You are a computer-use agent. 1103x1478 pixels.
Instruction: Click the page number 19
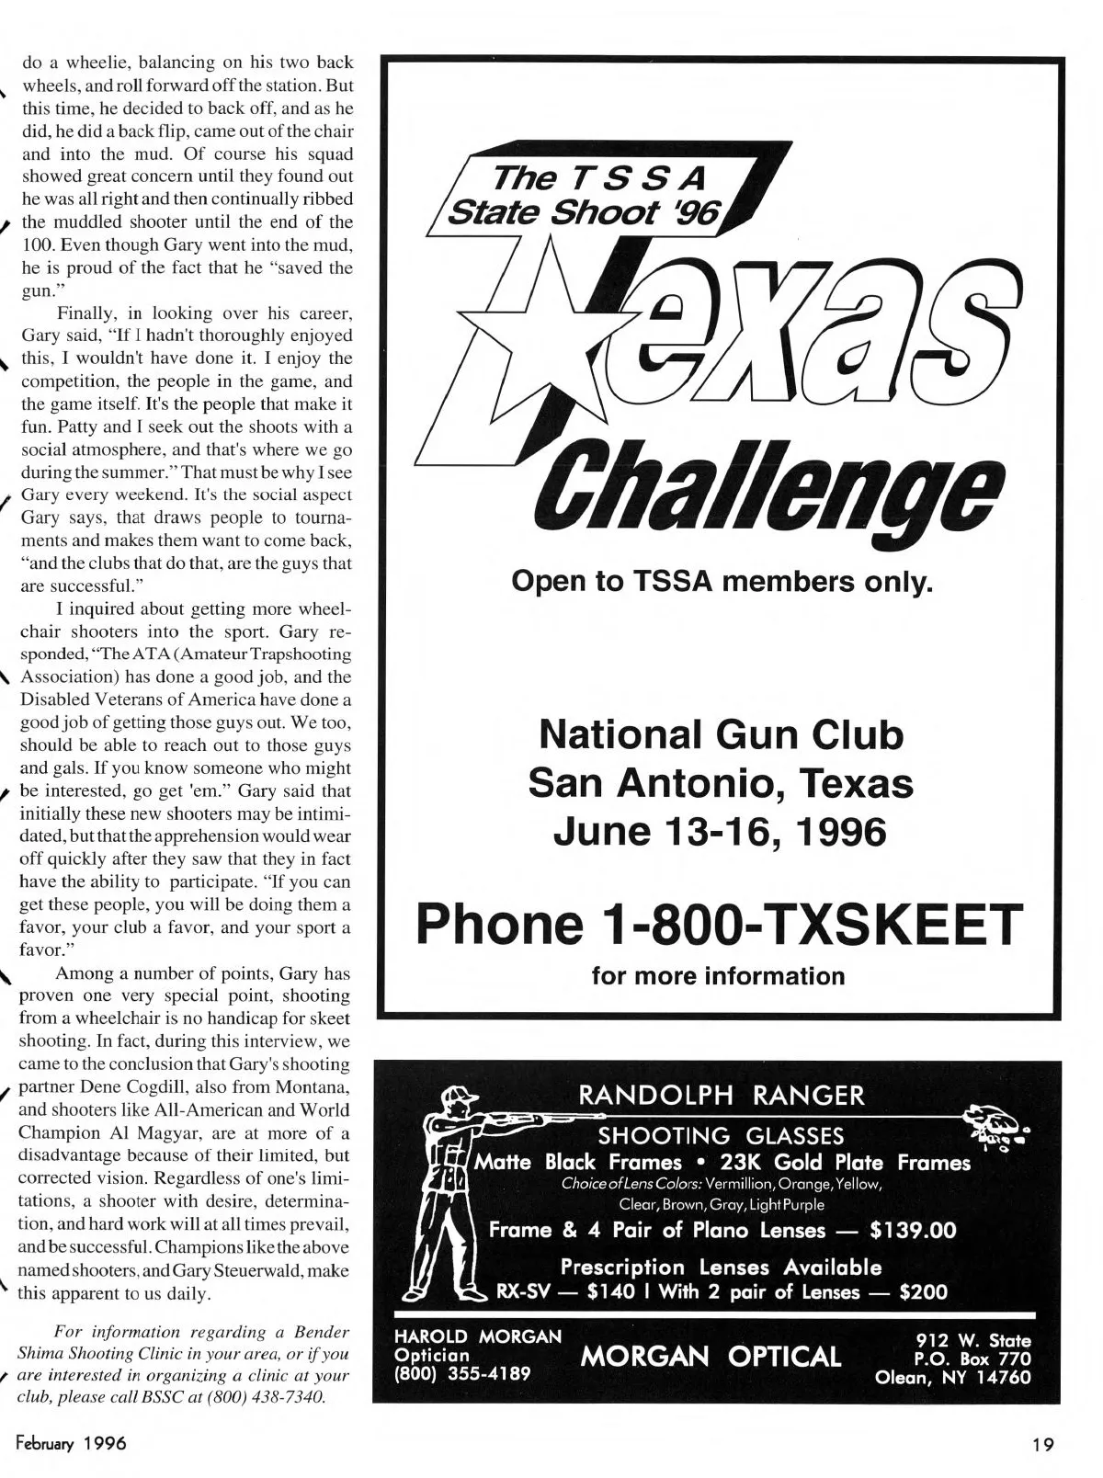click(1041, 1444)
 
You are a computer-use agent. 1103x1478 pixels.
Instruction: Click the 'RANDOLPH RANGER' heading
click(721, 1095)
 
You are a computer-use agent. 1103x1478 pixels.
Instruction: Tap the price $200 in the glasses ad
click(923, 1291)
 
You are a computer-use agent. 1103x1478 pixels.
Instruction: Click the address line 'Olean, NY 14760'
click(953, 1377)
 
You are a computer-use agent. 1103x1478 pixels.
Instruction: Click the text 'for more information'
click(718, 975)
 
